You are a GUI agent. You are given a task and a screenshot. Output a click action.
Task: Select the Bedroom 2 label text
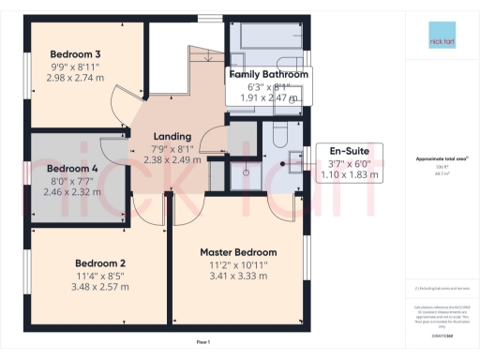tap(102, 262)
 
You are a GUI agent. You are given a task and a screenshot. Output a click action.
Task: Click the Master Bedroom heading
tap(238, 252)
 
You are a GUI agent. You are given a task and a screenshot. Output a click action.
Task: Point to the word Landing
tap(172, 136)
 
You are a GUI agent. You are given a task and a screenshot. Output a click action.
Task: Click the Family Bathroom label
tap(269, 73)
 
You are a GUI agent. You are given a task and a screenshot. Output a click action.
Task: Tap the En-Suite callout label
tap(344, 149)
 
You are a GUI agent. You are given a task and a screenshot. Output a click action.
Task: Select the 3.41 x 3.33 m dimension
tap(238, 277)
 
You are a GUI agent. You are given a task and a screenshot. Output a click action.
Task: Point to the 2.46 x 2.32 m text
tap(72, 192)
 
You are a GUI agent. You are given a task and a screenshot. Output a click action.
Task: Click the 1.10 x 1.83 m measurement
tap(344, 173)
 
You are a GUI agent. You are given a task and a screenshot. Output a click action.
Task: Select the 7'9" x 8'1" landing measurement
tap(172, 148)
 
